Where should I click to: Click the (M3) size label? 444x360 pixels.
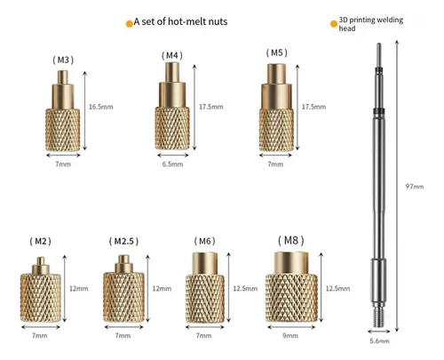click(63, 60)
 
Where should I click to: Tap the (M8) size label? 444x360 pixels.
click(291, 240)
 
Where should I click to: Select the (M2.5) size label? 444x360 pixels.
click(123, 241)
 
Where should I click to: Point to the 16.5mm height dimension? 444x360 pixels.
click(101, 107)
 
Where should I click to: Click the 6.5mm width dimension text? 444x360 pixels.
click(172, 164)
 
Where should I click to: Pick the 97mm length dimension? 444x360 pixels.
click(415, 187)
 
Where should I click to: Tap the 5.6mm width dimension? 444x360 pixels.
click(379, 341)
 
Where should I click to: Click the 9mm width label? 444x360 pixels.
click(290, 335)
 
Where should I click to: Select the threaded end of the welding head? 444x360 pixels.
click(378, 316)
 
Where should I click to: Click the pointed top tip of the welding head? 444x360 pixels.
click(378, 44)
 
